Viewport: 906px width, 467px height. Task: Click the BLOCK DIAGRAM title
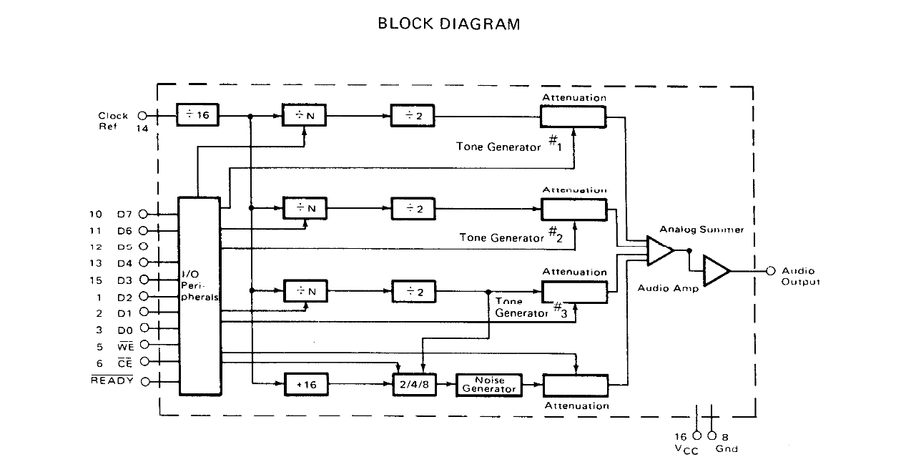point(448,24)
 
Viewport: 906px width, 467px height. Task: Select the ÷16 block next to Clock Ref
point(198,114)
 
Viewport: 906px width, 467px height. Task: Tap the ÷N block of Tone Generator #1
point(305,115)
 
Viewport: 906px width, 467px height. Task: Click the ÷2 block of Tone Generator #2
point(413,208)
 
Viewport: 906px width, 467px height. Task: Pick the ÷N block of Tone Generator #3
point(305,291)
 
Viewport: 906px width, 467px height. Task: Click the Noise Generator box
point(489,385)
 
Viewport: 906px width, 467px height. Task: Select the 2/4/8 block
point(416,384)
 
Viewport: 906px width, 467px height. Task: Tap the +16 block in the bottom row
point(306,384)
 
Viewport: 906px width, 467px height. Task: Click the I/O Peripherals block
point(199,296)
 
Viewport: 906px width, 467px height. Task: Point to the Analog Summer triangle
point(659,250)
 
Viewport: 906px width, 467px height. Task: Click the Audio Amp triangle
point(715,271)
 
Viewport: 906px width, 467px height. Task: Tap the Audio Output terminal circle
point(771,271)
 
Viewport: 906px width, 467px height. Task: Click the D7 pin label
point(124,214)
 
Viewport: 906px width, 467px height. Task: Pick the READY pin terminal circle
point(145,381)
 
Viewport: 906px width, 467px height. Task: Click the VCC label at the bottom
point(686,449)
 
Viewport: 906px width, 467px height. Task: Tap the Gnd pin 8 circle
point(711,436)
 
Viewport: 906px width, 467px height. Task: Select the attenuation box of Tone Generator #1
point(573,115)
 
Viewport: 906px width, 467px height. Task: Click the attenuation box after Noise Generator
point(576,385)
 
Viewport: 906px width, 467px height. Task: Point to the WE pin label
point(125,346)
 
